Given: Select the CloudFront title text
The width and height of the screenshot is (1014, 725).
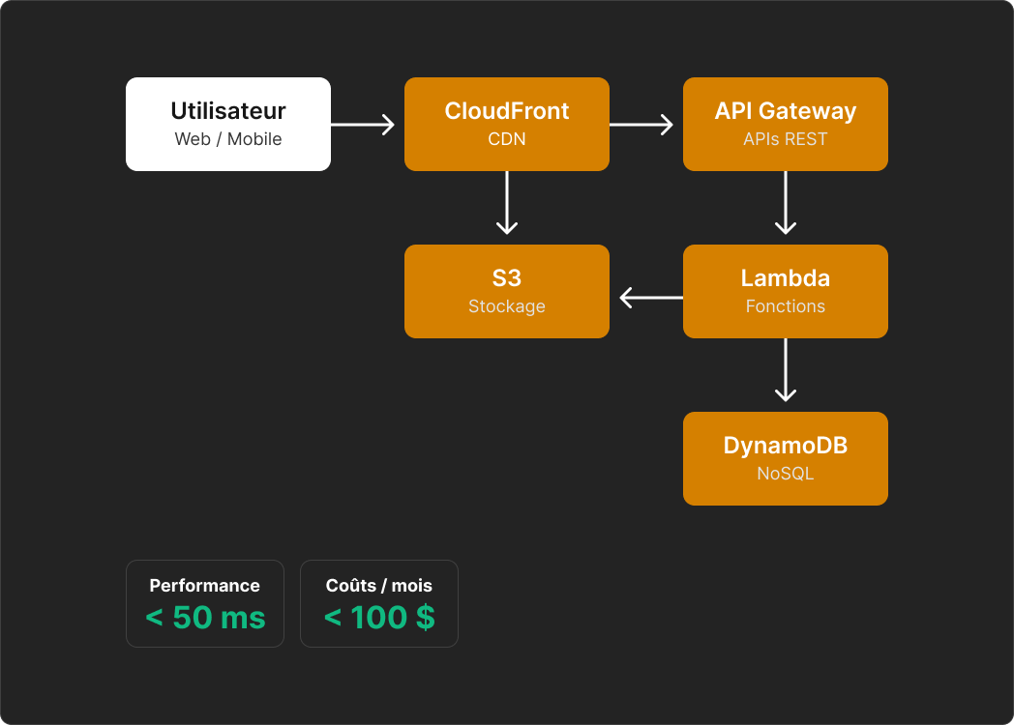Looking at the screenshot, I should coord(506,111).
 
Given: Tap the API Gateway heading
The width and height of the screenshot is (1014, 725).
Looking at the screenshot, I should coord(785,111).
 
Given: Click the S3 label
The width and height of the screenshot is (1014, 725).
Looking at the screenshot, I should coord(506,278).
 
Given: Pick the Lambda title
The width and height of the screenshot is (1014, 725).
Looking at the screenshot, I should coord(785,278).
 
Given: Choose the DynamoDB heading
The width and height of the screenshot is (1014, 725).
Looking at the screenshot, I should coord(785,446).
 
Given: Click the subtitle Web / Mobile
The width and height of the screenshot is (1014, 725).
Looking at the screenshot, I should coord(227,139).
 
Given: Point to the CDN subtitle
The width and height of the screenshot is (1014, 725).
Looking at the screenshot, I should coord(506,139).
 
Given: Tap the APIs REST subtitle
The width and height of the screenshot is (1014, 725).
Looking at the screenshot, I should coord(785,139).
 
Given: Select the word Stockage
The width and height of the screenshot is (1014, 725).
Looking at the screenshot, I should coord(506,306).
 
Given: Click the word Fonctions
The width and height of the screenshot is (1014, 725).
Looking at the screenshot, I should coord(785,306).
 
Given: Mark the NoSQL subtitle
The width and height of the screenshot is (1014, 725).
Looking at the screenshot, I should coord(785,474).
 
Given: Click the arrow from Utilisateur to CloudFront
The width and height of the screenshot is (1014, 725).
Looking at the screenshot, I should coord(363,124).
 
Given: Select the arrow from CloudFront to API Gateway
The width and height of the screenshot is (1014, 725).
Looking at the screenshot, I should coord(641,124).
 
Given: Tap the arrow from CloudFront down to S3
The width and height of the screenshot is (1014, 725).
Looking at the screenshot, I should coord(506,203).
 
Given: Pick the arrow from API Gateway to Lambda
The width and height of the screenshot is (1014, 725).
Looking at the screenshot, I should coord(785,203).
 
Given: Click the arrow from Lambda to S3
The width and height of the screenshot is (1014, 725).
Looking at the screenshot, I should coord(650,297).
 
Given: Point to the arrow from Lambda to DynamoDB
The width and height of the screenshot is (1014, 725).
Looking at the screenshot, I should coord(785,370).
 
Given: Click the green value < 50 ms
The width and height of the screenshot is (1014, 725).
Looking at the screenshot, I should coord(205,618).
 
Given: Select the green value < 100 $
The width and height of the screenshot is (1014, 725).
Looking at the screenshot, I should coord(378,618).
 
